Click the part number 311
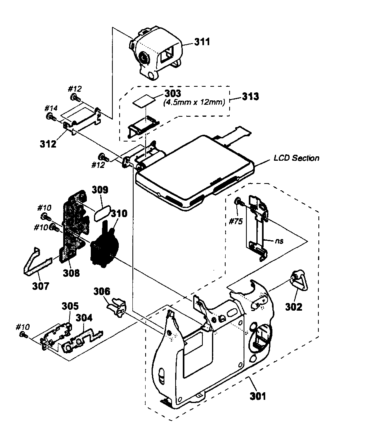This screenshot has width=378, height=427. tap(202, 42)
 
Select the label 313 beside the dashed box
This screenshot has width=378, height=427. tap(250, 96)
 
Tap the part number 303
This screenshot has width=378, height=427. tap(173, 94)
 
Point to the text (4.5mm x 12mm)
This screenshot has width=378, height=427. tap(194, 102)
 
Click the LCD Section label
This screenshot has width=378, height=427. tap(296, 158)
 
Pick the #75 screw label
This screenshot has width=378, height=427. tap(236, 221)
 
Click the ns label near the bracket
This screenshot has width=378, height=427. tap(279, 241)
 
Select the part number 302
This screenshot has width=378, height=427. tap(294, 307)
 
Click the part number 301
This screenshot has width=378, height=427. tap(258, 396)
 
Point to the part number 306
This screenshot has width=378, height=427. tap(102, 291)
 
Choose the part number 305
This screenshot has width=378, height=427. tap(70, 306)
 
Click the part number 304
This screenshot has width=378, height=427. tap(84, 317)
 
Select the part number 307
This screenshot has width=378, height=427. tap(41, 286)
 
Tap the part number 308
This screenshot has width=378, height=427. tap(71, 273)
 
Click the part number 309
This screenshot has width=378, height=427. tap(100, 190)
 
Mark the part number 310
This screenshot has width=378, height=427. tap(119, 213)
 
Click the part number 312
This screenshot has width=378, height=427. tap(48, 144)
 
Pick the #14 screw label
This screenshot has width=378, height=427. tap(51, 108)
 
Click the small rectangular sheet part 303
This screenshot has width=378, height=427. tap(144, 100)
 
